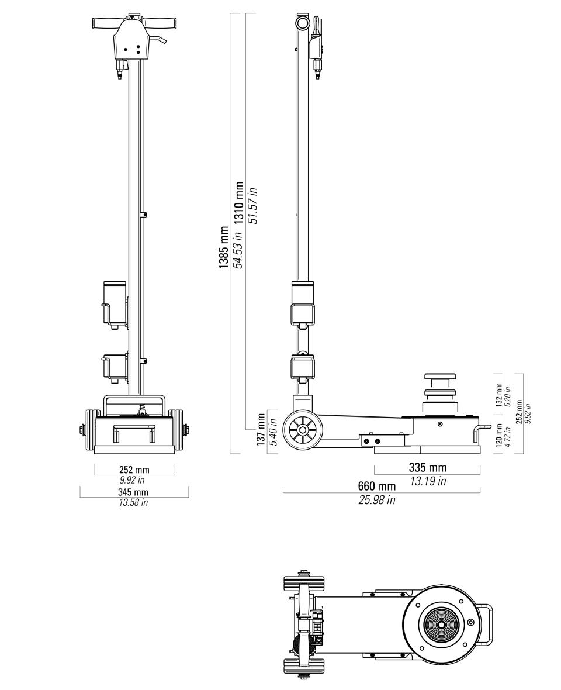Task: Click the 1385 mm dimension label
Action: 224,248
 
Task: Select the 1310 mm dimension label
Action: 239,203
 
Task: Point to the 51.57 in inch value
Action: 253,205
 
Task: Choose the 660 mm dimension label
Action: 377,486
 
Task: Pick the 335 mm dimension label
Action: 427,467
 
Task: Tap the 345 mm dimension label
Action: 133,492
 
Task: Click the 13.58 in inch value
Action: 133,502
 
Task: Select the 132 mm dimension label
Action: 499,394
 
